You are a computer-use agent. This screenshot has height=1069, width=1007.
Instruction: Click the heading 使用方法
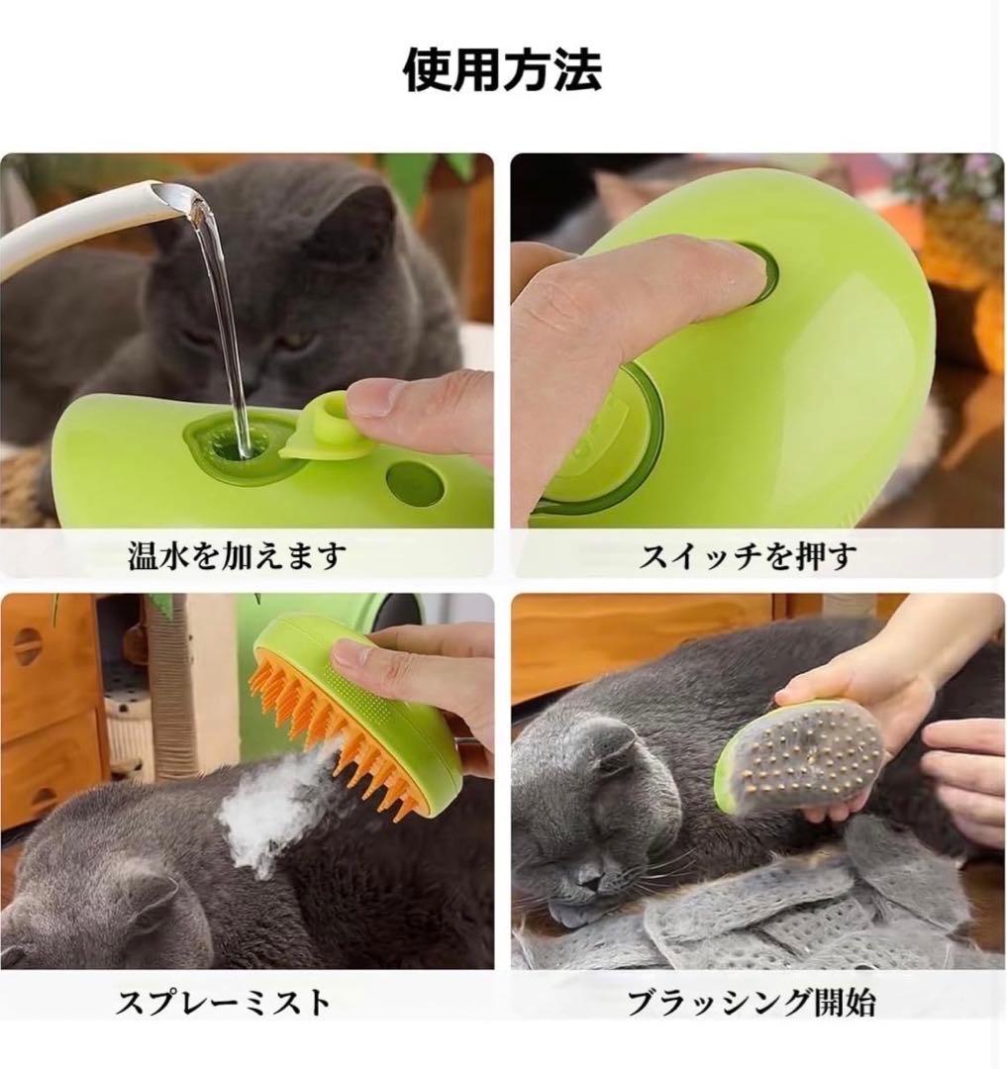[x=503, y=70]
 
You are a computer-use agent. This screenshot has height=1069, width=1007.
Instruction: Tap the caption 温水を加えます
[x=237, y=555]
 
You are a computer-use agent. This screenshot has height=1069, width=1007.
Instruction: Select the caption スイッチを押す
[x=748, y=555]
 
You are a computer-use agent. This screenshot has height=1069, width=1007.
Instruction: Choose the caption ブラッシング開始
[x=752, y=1003]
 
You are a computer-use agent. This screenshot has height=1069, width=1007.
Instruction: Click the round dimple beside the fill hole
[x=414, y=481]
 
